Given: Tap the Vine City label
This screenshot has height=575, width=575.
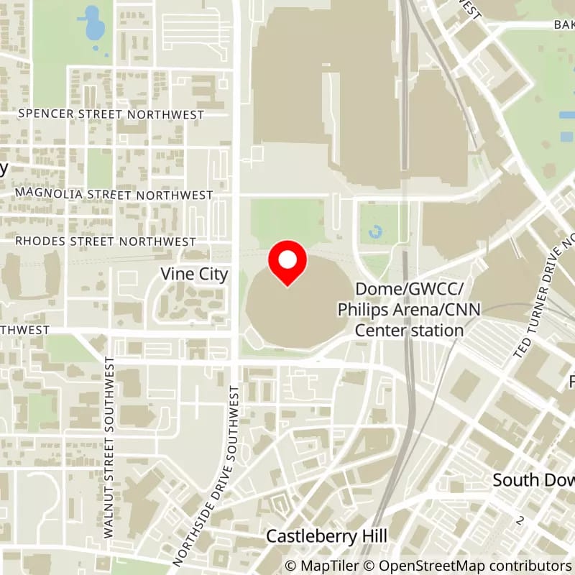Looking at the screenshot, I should (x=194, y=274).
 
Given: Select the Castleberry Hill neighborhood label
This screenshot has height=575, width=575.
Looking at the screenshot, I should (x=326, y=536).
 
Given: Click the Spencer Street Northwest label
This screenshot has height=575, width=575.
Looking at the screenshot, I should (x=111, y=114).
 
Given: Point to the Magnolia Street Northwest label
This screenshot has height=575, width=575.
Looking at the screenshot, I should (x=114, y=195).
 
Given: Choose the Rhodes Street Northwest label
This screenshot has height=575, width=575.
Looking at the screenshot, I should (x=106, y=241).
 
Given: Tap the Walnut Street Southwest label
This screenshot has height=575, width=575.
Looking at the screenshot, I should (x=109, y=446).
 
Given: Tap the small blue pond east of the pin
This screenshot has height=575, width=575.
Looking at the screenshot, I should (x=374, y=232).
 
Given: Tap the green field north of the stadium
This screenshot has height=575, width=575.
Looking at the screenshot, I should (x=287, y=219).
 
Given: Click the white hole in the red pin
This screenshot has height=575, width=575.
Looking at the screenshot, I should (x=287, y=259).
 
